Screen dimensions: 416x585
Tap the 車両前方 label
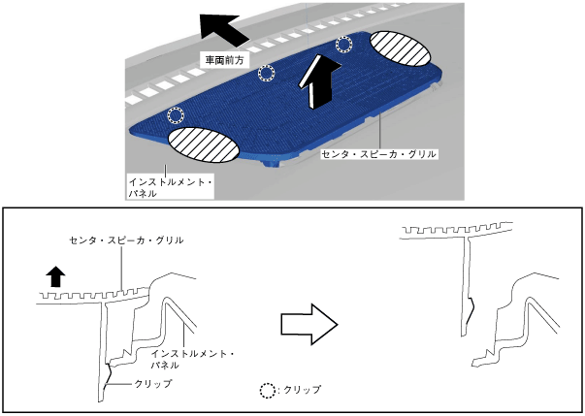pyautogui.click(x=222, y=60)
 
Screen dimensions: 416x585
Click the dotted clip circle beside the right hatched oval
pyautogui.click(x=344, y=45)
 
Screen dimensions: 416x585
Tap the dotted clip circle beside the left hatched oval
pyautogui.click(x=175, y=115)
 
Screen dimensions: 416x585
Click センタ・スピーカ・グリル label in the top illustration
pyautogui.click(x=379, y=153)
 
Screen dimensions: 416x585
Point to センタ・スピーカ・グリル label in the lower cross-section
pyautogui.click(x=126, y=239)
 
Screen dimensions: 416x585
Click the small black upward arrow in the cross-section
pyautogui.click(x=55, y=275)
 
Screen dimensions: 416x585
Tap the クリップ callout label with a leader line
pyautogui.click(x=154, y=384)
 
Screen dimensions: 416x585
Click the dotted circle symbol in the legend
pyautogui.click(x=268, y=390)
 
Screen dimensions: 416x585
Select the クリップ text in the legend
pyautogui.click(x=303, y=390)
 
